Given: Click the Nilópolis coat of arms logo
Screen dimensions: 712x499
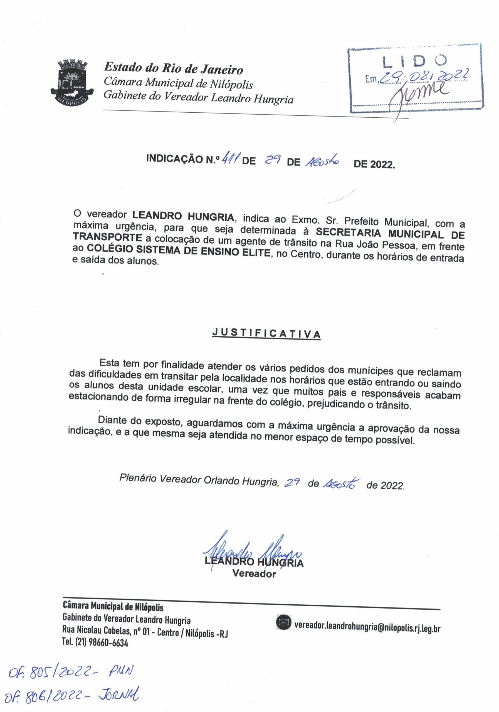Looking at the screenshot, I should [x=72, y=83].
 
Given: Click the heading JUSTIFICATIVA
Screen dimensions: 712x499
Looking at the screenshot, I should [x=266, y=333].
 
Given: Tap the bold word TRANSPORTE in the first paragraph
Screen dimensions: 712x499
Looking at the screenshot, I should [x=107, y=237].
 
